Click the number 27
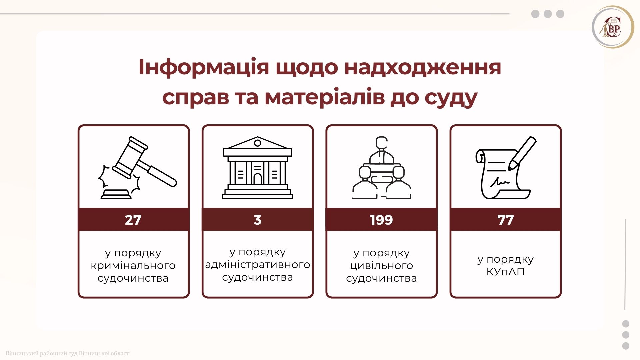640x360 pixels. [133, 220]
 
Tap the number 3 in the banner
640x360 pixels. [257, 220]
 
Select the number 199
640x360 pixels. [381, 220]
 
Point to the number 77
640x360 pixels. [505, 220]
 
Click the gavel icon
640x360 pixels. [137, 168]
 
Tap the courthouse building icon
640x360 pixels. [257, 168]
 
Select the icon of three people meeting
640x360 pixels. [381, 168]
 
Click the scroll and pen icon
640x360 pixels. [505, 168]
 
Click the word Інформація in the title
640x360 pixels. [204, 67]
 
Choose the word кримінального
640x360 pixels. [133, 266]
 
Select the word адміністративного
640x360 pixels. [257, 265]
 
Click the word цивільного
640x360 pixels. [381, 266]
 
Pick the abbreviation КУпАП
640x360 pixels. [505, 272]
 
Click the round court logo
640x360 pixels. [613, 27]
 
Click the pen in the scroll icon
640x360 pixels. [522, 153]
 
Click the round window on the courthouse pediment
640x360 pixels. [257, 143]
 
